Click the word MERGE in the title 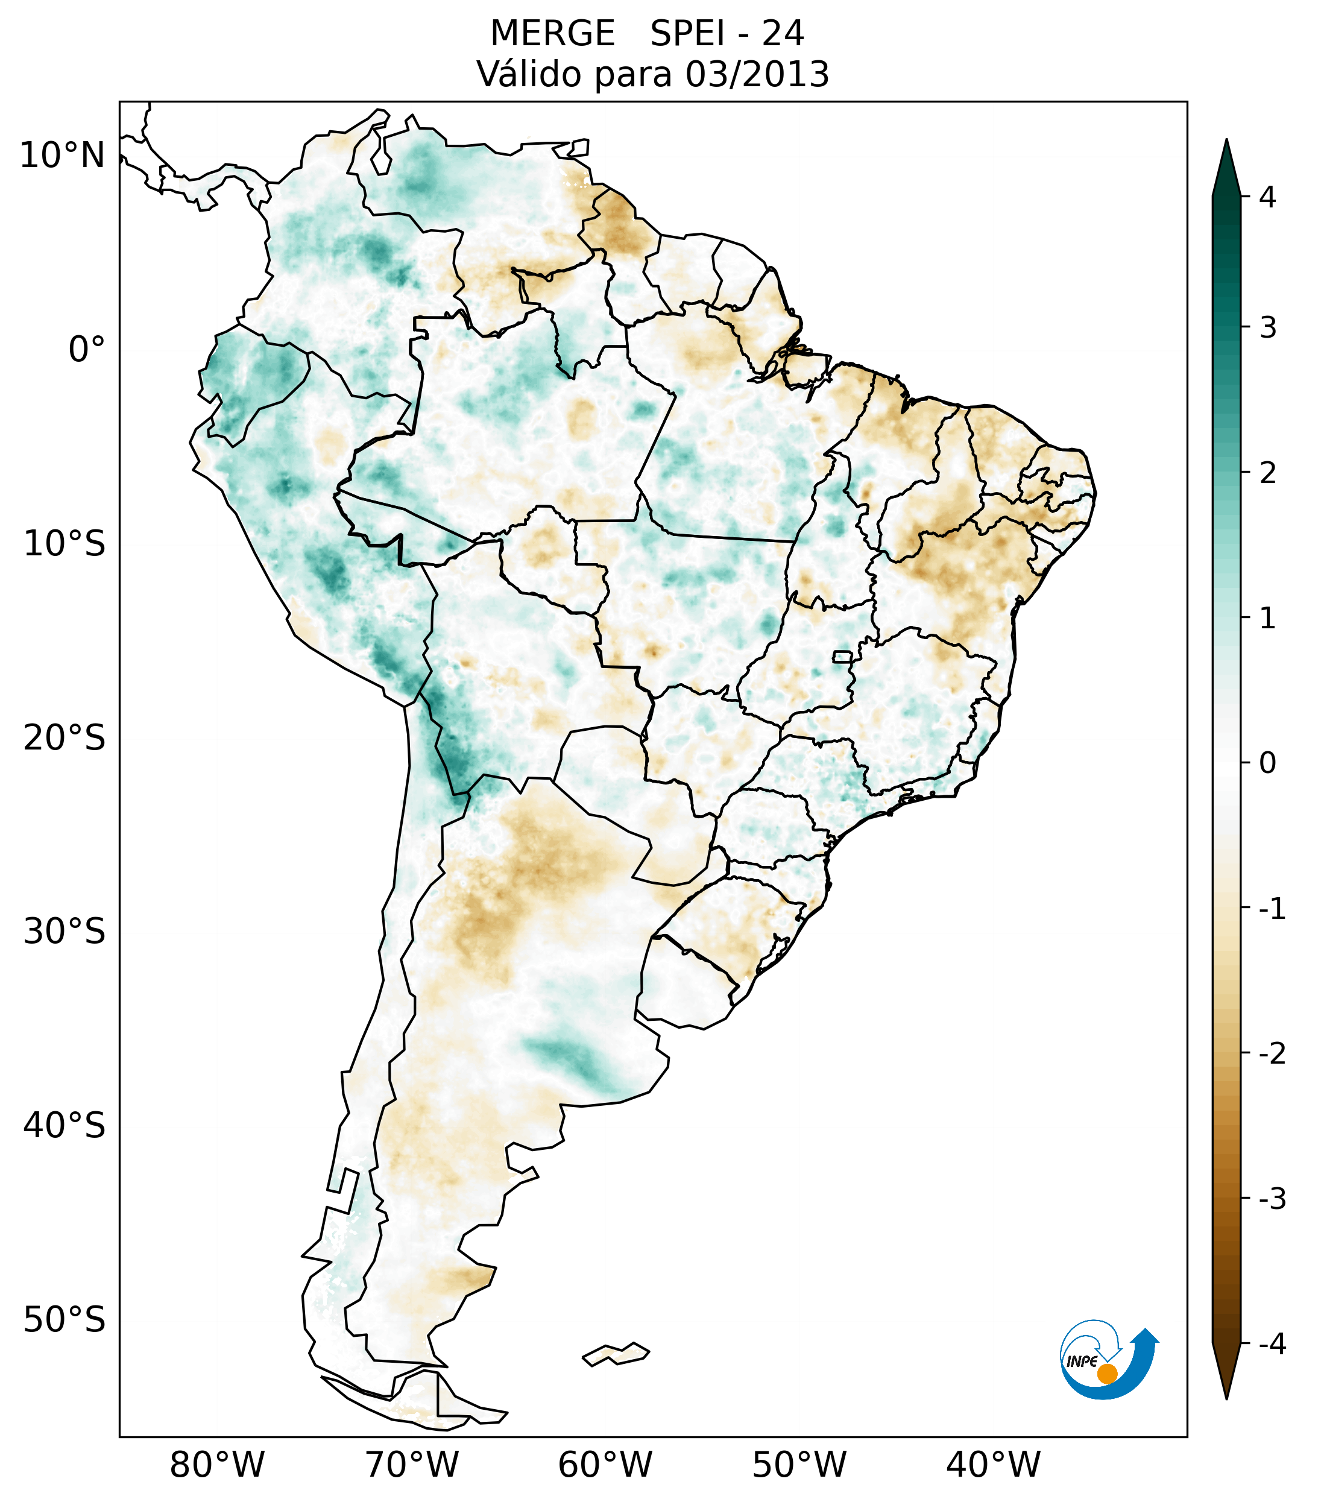[x=552, y=34]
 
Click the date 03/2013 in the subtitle [x=757, y=74]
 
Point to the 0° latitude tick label [x=86, y=350]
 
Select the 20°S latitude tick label [x=65, y=738]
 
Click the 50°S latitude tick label [x=65, y=1320]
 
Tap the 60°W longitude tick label [x=605, y=1465]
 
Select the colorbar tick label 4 [x=1267, y=197]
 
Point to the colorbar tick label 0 [x=1267, y=763]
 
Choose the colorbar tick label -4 [x=1272, y=1344]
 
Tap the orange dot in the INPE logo [x=1107, y=1373]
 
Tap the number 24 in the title [x=783, y=34]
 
